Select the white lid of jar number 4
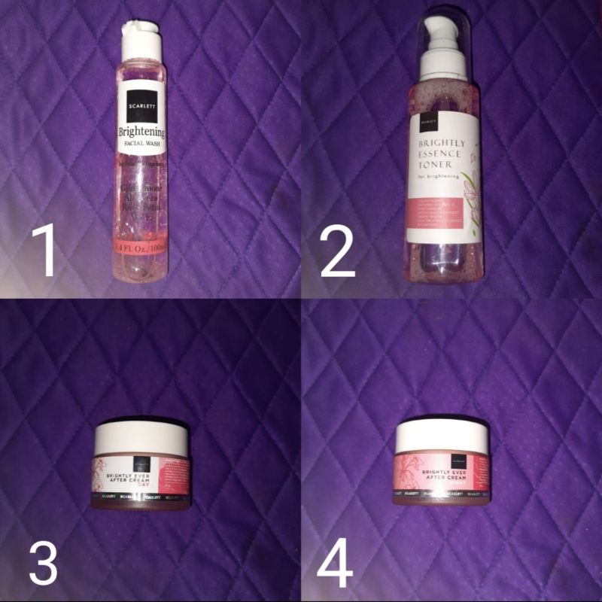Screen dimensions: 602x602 (x=442, y=434)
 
